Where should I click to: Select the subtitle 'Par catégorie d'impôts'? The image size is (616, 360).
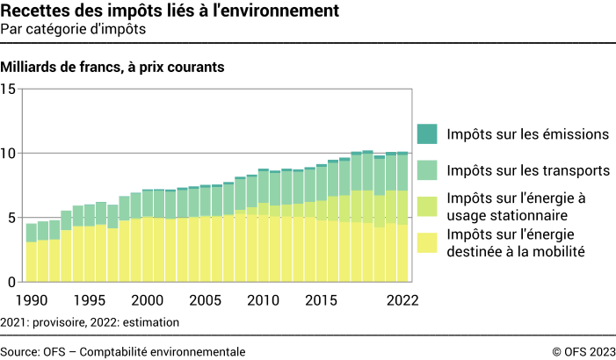coord(73,28)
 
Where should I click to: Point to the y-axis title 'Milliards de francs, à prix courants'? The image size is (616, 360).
coord(113,67)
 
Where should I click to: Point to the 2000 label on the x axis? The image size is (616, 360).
coord(148,299)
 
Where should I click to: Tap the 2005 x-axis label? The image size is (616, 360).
coord(206,299)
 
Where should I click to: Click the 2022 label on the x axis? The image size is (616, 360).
coord(401,299)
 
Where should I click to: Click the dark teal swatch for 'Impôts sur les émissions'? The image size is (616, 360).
coord(426,134)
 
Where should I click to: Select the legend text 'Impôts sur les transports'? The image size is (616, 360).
coord(527,169)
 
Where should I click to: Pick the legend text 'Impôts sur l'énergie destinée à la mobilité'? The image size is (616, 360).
coord(527,243)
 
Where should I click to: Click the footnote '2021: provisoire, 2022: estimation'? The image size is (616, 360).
coord(91,322)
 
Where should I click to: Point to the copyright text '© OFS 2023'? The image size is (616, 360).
coord(583,350)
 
